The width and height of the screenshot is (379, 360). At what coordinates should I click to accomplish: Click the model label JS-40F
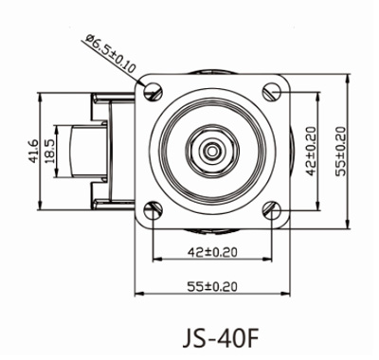coord(221,338)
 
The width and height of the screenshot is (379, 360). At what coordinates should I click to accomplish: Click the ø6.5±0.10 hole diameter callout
coord(111,53)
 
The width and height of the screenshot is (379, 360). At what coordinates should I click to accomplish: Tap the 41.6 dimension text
coord(33,152)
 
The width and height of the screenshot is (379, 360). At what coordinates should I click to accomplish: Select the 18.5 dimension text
coord(50,152)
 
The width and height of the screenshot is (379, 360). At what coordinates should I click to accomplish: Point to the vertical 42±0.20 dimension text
coord(311,152)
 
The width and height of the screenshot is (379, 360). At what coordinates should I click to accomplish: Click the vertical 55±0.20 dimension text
coord(341,152)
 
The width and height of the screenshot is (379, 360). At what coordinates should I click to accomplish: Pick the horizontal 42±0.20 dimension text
coord(212,252)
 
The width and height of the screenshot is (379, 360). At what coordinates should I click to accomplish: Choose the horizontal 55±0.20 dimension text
coord(212,286)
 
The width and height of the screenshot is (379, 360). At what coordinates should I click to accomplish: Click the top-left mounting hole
coord(153,92)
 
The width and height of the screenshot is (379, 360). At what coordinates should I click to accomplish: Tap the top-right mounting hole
coord(272,92)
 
